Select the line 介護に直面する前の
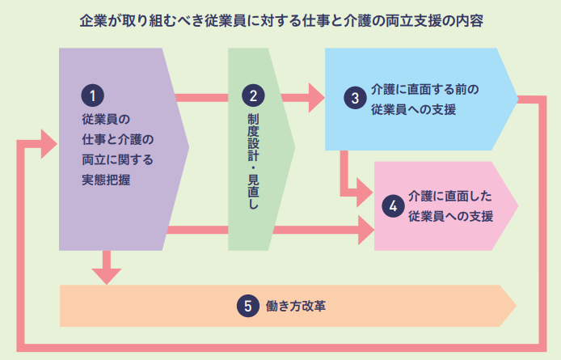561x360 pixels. coord(426,89)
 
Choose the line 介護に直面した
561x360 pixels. coord(450,197)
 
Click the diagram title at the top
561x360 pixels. coord(281,20)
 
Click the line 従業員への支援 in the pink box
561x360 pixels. coord(450,216)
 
